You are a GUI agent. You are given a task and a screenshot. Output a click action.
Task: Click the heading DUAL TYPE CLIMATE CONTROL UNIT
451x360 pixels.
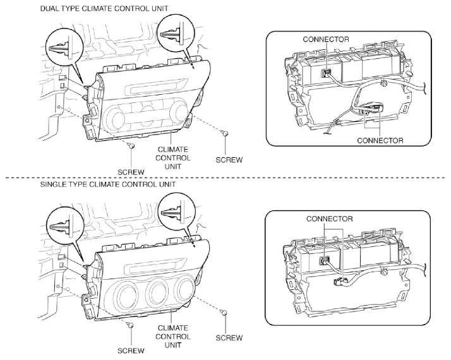point(104,9)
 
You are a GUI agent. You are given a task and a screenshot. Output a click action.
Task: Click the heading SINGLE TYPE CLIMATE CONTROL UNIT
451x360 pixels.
point(108,184)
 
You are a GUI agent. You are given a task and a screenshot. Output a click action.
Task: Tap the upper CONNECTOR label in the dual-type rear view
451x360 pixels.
point(325,39)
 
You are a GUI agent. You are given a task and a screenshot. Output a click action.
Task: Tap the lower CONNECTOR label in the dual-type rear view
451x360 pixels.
point(380,141)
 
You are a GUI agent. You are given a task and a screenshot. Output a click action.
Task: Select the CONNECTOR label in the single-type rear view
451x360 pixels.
point(329,219)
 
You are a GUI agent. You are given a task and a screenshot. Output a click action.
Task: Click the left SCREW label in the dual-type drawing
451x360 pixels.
point(131,172)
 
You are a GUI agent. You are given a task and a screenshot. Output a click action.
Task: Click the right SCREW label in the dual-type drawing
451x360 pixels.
point(229,160)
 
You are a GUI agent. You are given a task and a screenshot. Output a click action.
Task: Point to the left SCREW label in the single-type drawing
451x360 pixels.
point(131,351)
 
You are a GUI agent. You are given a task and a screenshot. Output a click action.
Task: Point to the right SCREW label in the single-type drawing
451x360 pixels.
point(229,338)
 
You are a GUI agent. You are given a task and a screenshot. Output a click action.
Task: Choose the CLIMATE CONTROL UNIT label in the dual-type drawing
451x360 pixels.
point(173,158)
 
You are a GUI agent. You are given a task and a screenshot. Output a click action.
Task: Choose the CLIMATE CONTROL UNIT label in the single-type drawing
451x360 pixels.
point(173,337)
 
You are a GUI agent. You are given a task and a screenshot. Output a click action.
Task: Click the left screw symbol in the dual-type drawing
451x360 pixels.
point(131,146)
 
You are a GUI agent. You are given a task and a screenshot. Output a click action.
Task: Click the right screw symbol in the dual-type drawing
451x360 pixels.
point(225,133)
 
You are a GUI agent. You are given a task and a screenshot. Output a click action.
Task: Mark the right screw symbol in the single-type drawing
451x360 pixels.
point(224,312)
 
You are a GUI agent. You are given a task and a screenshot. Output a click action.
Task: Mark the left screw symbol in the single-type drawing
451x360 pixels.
point(130,325)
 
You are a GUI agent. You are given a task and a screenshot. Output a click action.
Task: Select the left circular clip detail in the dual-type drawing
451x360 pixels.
point(64,49)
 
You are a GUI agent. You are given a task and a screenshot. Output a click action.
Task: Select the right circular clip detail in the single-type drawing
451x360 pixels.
point(177,212)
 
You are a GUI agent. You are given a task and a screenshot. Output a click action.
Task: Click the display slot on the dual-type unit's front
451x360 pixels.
point(154,87)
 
